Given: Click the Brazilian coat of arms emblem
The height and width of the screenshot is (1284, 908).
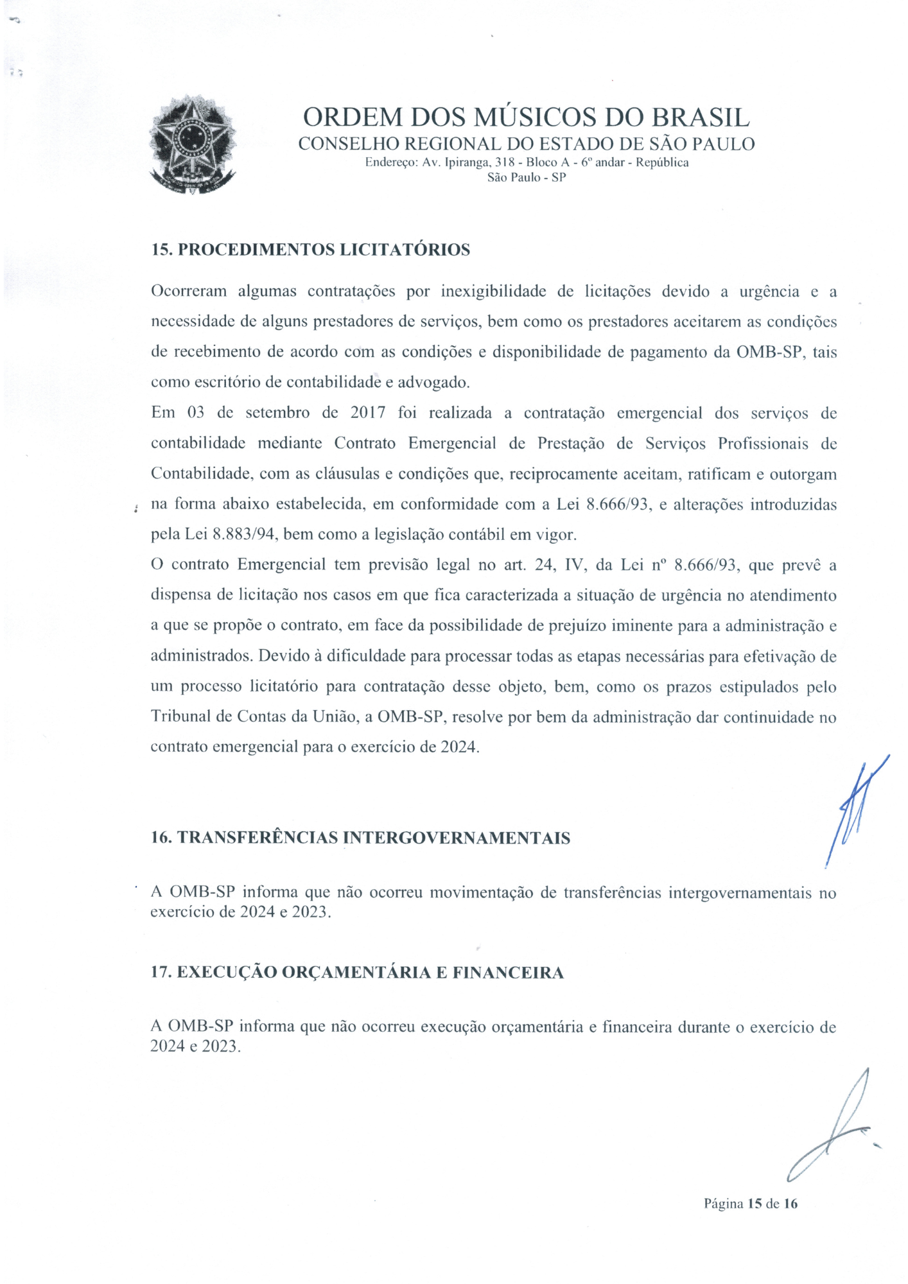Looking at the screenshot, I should [192, 144].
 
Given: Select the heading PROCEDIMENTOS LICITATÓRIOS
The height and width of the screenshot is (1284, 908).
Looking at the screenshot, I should [324, 250].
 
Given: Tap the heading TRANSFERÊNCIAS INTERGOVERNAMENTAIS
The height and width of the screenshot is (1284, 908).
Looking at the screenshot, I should [374, 838].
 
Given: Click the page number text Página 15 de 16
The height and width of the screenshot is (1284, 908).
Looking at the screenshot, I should [750, 1204].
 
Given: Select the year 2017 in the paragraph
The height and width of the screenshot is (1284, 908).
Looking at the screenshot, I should [367, 413].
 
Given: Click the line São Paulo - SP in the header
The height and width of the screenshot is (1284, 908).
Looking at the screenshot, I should [527, 177].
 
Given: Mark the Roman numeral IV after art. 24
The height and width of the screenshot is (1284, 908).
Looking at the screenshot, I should [573, 565].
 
